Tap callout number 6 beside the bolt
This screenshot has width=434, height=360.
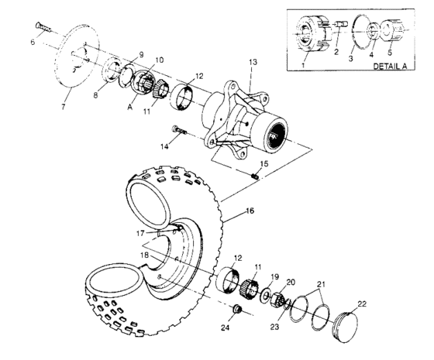tap(33, 43)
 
